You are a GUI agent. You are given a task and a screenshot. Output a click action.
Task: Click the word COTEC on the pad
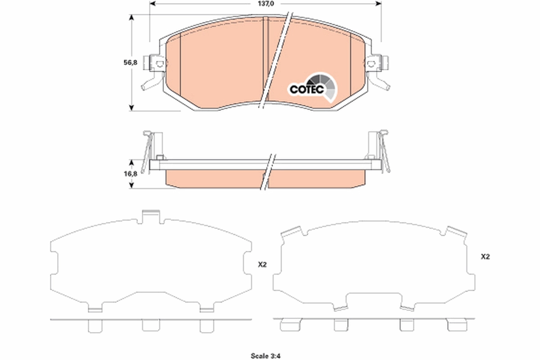(x=306, y=89)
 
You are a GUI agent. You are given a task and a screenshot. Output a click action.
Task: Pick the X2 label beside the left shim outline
(x=262, y=265)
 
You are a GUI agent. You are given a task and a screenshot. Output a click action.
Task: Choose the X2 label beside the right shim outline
(x=485, y=257)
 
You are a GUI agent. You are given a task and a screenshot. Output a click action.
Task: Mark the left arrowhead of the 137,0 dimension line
(x=152, y=4)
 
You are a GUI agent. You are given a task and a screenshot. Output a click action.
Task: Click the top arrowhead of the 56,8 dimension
(x=131, y=18)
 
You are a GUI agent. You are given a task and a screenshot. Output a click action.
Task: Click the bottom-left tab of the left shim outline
(x=95, y=308)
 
